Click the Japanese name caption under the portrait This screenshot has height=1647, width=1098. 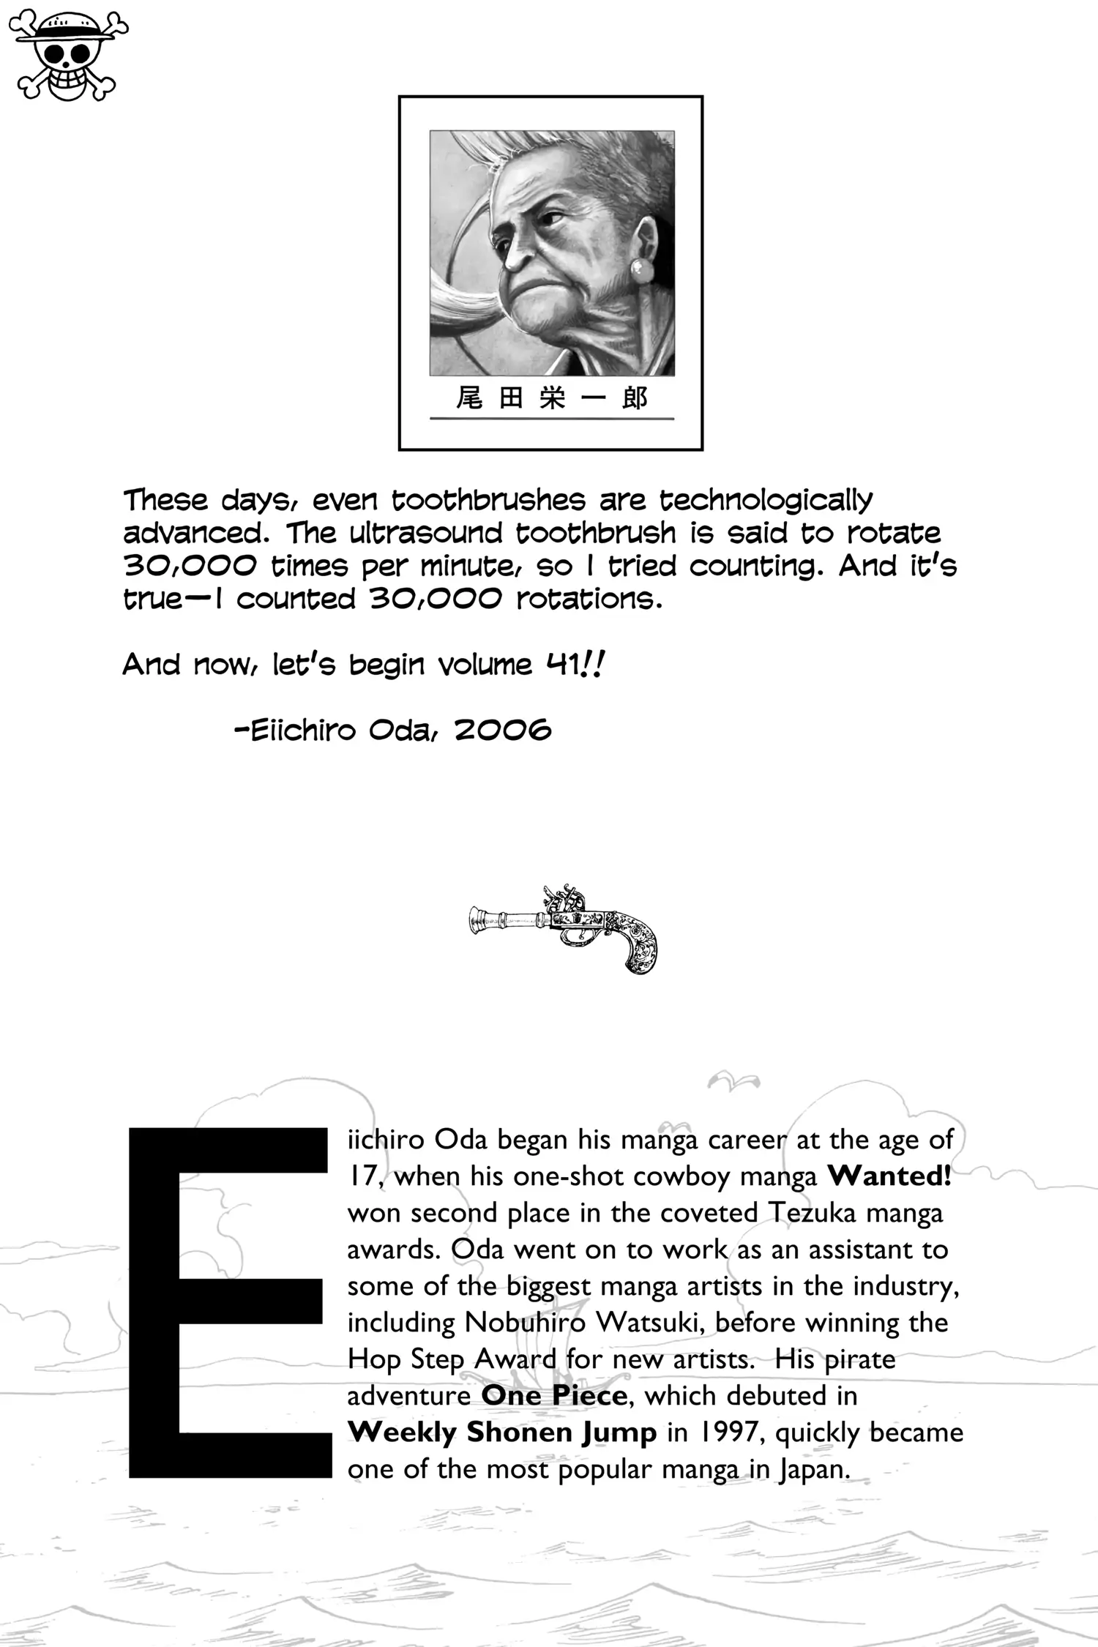click(x=551, y=398)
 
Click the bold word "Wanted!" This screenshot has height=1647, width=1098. click(x=889, y=1176)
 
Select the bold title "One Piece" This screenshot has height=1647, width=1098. click(x=554, y=1395)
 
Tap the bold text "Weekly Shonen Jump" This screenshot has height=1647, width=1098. click(x=502, y=1433)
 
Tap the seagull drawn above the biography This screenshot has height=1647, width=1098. click(x=733, y=1080)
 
